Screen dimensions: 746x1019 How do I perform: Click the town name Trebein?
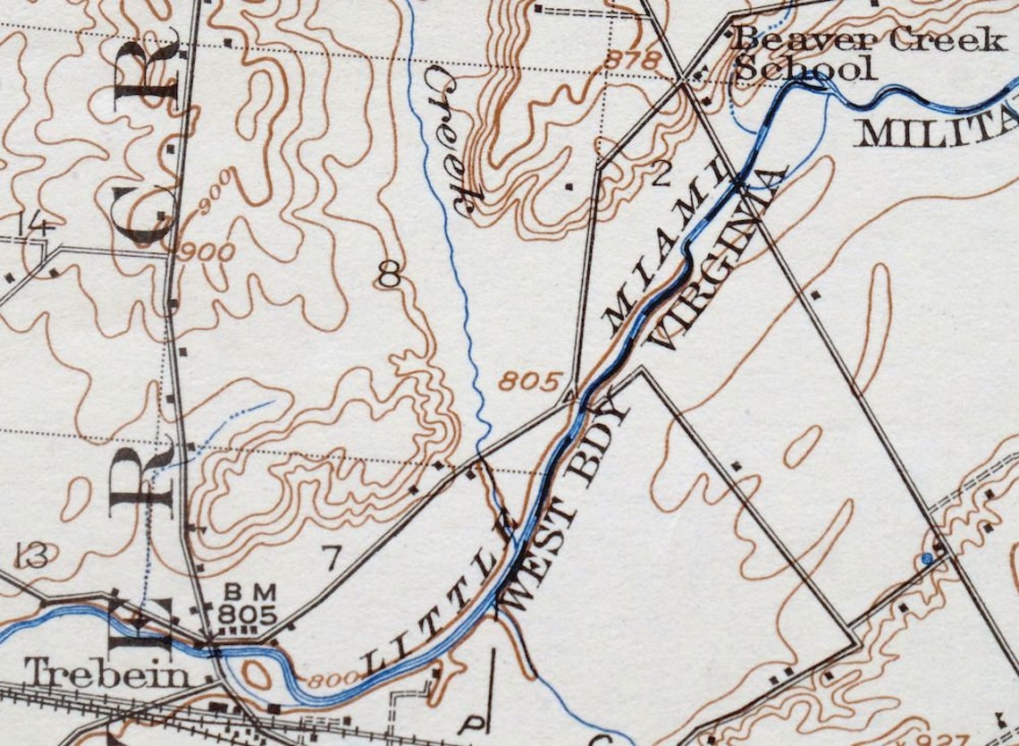pos(107,674)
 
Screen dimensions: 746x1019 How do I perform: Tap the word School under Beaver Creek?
pos(802,68)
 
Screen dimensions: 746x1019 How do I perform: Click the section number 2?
pos(661,175)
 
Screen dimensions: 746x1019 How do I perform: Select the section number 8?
pos(388,276)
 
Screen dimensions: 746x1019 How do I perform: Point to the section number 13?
pos(31,556)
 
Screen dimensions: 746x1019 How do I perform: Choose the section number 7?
pos(331,559)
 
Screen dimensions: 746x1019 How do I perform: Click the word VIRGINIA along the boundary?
pos(720,259)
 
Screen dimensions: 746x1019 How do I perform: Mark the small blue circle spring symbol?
pos(927,559)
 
